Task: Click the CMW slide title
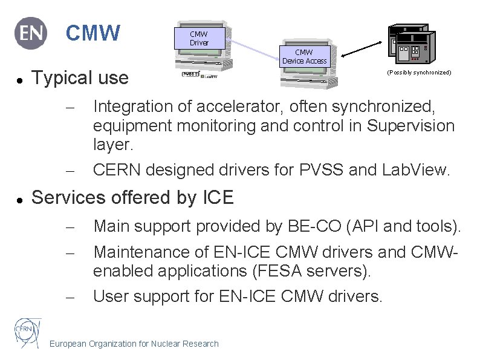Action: point(92,33)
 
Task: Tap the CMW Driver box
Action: point(199,39)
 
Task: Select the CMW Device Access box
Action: point(303,57)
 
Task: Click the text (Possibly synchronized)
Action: point(419,73)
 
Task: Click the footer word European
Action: point(68,344)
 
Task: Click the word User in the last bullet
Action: point(111,296)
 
